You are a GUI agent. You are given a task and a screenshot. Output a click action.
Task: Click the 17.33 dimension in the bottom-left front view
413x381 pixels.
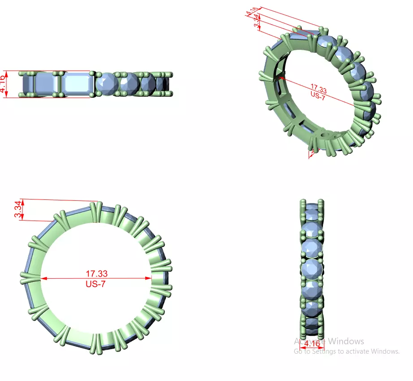click(x=96, y=273)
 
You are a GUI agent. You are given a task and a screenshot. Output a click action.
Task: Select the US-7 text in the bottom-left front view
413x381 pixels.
click(x=96, y=283)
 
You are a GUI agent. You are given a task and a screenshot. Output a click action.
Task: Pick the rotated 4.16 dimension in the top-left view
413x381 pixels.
click(x=4, y=84)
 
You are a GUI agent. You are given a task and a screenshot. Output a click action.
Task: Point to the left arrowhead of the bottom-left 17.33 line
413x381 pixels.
click(x=43, y=278)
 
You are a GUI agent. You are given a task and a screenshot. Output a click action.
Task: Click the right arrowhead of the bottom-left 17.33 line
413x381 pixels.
click(x=149, y=278)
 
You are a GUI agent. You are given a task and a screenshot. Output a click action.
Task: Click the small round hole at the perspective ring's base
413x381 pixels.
click(x=326, y=133)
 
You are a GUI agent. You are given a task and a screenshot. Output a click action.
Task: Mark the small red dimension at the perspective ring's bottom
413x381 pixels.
click(x=311, y=154)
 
